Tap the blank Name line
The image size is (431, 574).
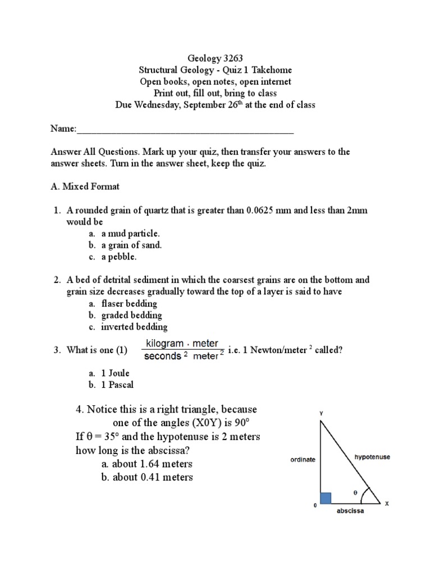pos(185,129)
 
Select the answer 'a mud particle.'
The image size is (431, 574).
pos(130,233)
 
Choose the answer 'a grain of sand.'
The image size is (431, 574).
pos(131,245)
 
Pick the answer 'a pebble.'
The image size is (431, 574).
pos(119,257)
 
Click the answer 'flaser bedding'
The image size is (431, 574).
pos(129,303)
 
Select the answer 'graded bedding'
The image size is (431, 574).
pos(131,315)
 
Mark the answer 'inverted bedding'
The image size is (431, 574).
pos(134,327)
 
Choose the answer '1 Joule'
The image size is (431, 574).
pos(117,373)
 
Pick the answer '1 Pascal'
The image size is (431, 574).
pos(118,385)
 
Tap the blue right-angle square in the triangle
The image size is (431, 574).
pos(325,498)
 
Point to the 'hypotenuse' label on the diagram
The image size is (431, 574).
pos(372,457)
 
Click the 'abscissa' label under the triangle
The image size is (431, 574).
pos(350,512)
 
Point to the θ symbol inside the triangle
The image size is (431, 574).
pos(354,492)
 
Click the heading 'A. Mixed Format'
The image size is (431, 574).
pos(85,186)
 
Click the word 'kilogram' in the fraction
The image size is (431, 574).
pos(165,343)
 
